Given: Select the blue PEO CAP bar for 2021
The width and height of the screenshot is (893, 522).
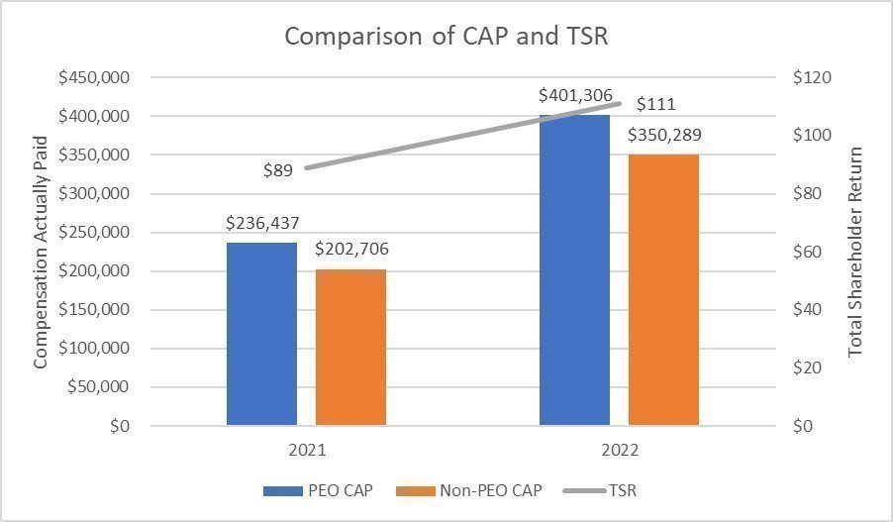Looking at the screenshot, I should coord(261,334).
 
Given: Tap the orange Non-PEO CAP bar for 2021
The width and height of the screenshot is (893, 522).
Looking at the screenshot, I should coord(350,347).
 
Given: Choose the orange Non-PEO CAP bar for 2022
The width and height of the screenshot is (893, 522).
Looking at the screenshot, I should coord(663,290).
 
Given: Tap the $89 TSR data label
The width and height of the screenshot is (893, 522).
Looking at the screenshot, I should coord(278,170).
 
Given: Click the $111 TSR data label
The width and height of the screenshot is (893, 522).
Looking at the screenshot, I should coord(655,104).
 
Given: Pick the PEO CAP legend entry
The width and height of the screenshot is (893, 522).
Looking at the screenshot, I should coord(318,490).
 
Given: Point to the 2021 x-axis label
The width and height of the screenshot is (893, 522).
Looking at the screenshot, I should coord(307,450).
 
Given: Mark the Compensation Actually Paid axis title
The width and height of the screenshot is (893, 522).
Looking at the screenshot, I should coord(41,253).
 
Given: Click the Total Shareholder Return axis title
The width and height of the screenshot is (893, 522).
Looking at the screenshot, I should coord(856,253).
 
